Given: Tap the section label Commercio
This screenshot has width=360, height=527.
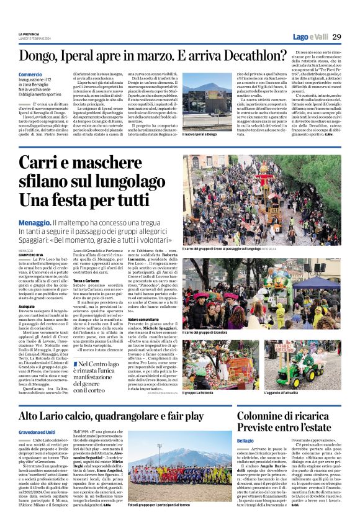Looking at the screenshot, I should coord(30,74).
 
